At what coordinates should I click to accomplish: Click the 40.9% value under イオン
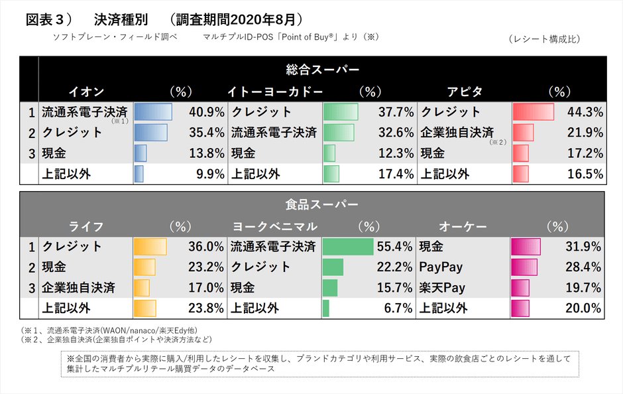coord(207,112)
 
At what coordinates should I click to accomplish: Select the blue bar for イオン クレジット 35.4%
coord(151,133)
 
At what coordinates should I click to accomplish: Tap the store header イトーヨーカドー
coord(275,91)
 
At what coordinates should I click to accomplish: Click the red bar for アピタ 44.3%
coord(533,112)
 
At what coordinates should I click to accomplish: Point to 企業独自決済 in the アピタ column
coord(457,133)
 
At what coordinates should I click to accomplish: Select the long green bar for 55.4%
coord(348,247)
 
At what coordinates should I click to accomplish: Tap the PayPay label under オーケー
coord(441,267)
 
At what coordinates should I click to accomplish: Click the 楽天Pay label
coord(442,288)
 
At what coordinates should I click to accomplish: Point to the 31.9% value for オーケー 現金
coord(583,247)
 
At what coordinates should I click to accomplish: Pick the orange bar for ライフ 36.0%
coord(150,247)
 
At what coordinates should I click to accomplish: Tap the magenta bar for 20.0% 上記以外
coord(521,308)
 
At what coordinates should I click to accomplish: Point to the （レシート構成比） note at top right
coord(545,39)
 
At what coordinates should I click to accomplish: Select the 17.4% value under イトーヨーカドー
coord(396,174)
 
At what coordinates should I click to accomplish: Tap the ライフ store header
coord(86,226)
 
